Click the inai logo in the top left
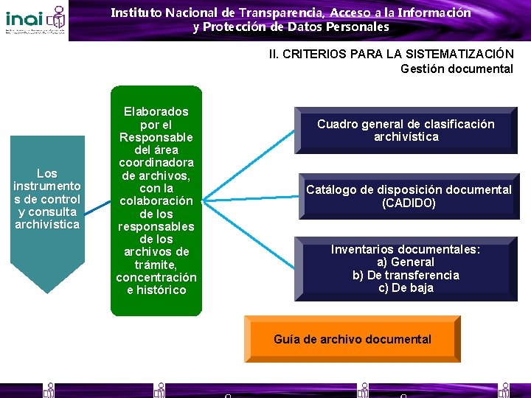(x=35, y=20)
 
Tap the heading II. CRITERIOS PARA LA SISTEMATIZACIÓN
(x=391, y=54)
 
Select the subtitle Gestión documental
(x=457, y=69)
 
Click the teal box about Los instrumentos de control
(x=47, y=200)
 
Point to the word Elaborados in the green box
(x=156, y=111)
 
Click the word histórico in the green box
(x=162, y=290)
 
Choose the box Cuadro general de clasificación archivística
(x=406, y=130)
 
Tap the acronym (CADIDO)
(x=409, y=203)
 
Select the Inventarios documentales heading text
(x=406, y=249)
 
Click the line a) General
(x=406, y=262)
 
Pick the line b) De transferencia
(x=406, y=275)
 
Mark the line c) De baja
(x=406, y=288)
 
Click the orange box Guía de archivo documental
(x=353, y=339)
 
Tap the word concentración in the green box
(x=156, y=277)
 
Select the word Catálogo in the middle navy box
(x=330, y=189)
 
